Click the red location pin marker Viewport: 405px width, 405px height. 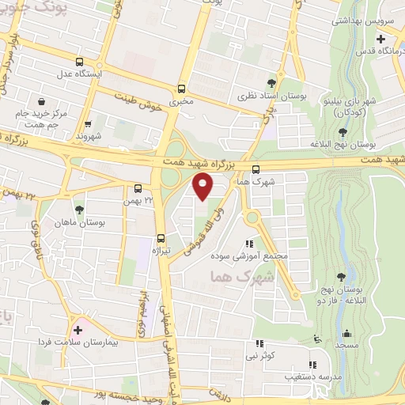coord(203,187)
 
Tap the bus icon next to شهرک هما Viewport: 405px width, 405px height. coord(255,168)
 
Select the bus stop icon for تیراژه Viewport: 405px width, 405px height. coord(161,237)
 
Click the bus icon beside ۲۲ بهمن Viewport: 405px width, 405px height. coord(138,188)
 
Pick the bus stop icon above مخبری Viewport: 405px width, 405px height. coord(182,89)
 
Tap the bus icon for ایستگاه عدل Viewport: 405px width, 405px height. coord(78,62)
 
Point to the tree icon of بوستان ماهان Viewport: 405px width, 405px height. coord(78,210)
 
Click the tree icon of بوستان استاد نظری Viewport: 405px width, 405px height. coord(272,82)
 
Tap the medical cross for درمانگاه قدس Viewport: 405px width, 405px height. coord(380,38)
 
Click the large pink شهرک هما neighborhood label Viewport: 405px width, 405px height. coord(243,277)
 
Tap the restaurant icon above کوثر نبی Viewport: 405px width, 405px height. coord(259,344)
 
